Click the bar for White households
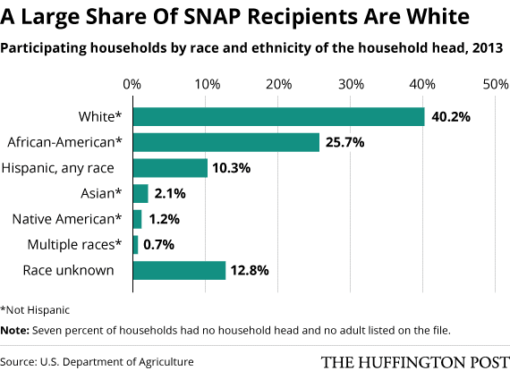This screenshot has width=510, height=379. click(278, 117)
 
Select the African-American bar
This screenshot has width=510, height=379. click(225, 142)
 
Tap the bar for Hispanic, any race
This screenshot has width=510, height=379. click(170, 168)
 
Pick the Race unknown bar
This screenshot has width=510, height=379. click(179, 270)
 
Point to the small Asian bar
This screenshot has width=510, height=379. click(140, 193)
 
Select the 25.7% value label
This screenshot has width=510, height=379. click(345, 142)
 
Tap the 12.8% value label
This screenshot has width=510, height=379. click(251, 270)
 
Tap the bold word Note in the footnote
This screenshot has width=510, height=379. click(14, 330)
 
